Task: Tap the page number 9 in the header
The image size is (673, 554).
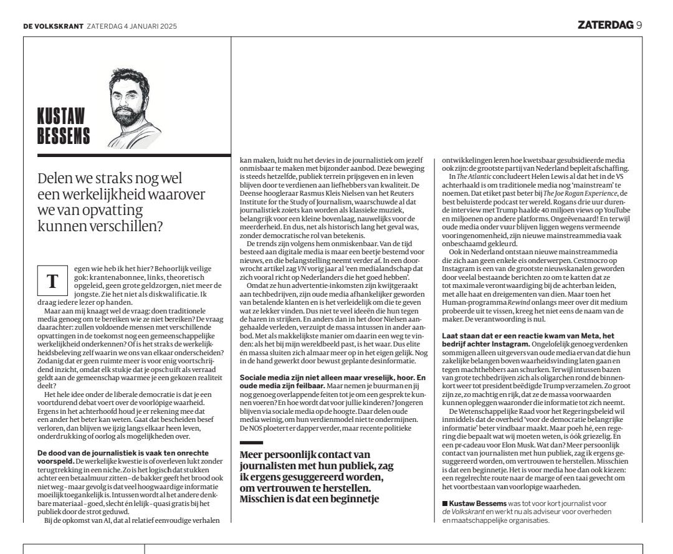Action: coord(639,25)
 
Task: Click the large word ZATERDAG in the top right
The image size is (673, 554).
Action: coord(605,25)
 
